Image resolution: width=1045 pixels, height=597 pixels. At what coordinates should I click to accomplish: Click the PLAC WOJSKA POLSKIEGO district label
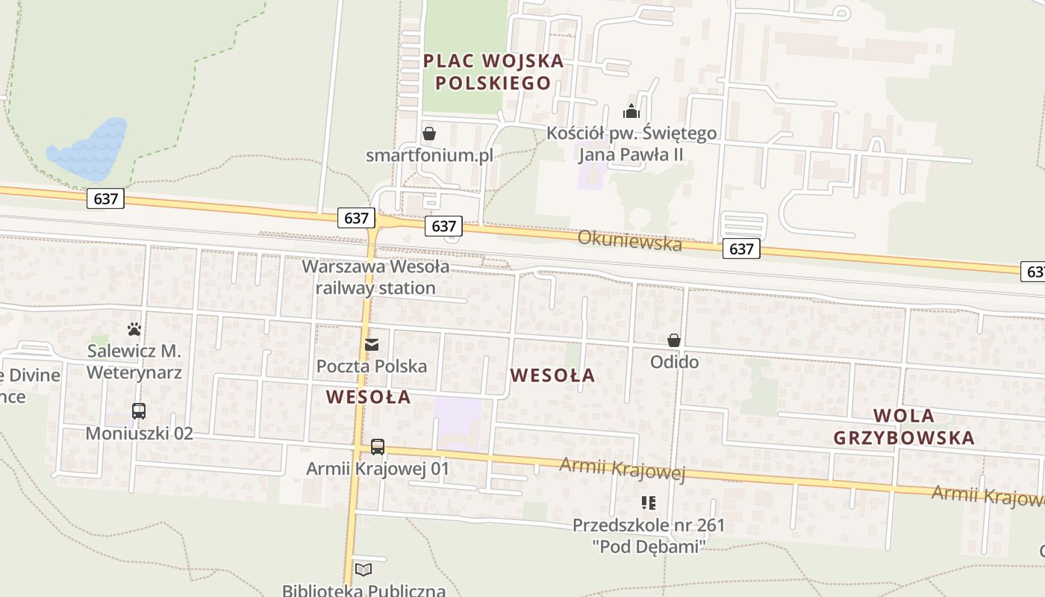(493, 72)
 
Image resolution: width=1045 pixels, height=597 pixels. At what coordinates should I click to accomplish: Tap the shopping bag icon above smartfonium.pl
(429, 134)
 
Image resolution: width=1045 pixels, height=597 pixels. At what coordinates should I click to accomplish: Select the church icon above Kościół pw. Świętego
(631, 112)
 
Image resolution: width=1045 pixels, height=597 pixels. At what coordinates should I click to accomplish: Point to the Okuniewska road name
(630, 241)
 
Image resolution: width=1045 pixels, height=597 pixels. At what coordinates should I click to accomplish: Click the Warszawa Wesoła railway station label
(375, 277)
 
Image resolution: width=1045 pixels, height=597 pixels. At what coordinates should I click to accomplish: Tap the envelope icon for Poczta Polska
(372, 345)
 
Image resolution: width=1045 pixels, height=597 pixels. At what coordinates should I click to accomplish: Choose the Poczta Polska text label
(372, 366)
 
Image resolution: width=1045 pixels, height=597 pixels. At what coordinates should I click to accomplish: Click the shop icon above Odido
(674, 341)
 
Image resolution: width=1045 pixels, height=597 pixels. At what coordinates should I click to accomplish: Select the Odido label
(674, 362)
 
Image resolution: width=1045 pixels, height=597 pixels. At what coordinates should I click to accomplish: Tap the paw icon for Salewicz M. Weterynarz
(134, 328)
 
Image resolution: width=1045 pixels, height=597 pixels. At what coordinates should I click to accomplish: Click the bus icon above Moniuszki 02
(139, 411)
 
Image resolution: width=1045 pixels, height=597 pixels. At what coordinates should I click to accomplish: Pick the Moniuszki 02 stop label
(139, 434)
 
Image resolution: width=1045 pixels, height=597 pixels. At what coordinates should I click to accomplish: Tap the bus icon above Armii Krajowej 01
(378, 447)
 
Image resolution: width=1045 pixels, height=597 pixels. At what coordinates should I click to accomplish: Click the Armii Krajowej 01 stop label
(378, 469)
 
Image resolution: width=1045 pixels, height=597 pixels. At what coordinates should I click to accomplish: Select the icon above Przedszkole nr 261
(648, 503)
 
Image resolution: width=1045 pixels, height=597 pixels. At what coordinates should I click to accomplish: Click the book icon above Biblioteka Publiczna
(364, 570)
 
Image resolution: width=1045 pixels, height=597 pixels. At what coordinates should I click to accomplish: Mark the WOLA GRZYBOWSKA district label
(904, 427)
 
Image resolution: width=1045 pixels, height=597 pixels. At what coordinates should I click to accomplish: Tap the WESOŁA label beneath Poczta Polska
(369, 397)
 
